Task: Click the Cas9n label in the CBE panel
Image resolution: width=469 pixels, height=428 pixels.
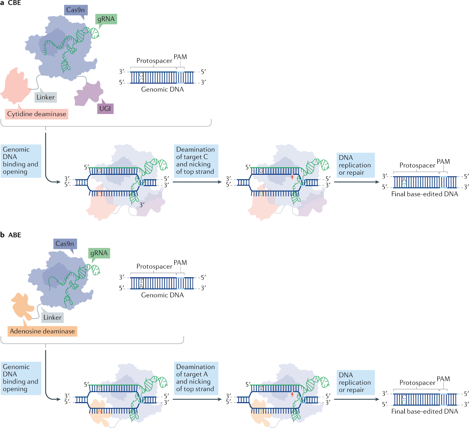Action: tap(75, 10)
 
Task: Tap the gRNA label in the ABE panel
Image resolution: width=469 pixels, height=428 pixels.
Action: tap(99, 253)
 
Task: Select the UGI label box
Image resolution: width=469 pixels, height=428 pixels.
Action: tap(105, 109)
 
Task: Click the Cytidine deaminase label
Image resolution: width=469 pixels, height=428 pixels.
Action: tap(37, 114)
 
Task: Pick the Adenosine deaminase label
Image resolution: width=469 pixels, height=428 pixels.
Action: tap(42, 331)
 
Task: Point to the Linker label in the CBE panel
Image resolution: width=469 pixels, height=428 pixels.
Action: tap(45, 97)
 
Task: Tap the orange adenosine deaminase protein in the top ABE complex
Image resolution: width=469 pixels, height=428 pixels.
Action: tap(22, 306)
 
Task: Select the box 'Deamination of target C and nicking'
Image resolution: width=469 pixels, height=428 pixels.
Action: tap(196, 161)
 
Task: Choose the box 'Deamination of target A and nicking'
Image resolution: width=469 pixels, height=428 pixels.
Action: tap(196, 378)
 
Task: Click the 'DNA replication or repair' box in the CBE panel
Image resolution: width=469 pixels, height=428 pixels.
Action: tap(355, 165)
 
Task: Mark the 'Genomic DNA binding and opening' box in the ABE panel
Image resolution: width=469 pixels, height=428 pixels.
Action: tap(21, 378)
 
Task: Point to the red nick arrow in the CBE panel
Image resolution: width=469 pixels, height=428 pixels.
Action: tap(292, 177)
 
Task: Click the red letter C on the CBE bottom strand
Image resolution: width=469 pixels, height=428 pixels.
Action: tap(99, 194)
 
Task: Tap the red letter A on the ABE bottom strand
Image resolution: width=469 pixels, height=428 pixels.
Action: tap(99, 411)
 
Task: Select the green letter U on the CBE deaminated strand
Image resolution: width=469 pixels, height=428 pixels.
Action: tap(261, 194)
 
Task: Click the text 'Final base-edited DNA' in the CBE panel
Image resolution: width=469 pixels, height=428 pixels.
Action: tap(424, 194)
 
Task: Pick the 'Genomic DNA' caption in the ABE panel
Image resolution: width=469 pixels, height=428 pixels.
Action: tap(162, 295)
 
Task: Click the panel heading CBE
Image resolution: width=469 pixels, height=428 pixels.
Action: tap(14, 3)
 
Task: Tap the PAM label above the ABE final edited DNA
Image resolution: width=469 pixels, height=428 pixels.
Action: tap(443, 379)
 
